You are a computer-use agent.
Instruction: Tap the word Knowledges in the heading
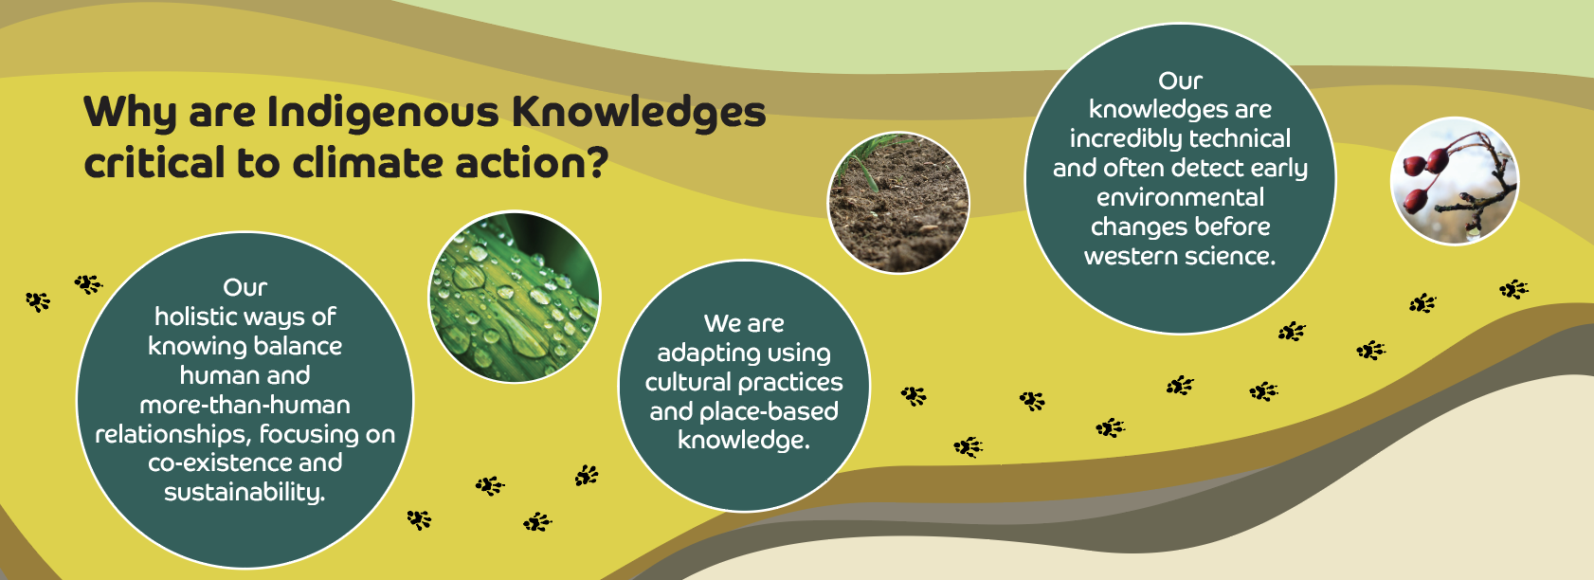[639, 114]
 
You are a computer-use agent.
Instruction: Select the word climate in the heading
[368, 163]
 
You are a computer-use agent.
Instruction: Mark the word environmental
[1180, 197]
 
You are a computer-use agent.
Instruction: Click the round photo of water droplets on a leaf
[514, 297]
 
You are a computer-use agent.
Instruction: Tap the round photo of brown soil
[898, 203]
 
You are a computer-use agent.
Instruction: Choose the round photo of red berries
[1454, 181]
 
